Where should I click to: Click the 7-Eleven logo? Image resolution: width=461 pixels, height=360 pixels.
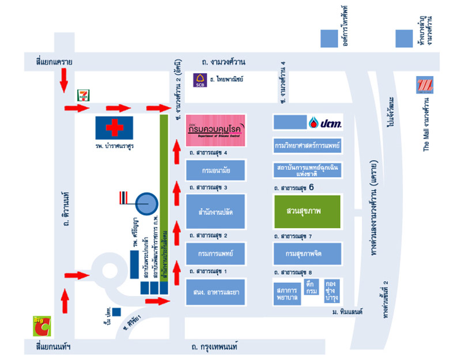click(84, 95)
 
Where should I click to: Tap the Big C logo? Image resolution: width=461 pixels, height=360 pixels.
click(41, 327)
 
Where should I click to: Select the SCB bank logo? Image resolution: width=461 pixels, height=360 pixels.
click(200, 80)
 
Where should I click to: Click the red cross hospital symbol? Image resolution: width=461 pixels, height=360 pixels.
click(114, 126)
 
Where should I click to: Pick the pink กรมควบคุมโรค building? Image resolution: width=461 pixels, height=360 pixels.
click(216, 130)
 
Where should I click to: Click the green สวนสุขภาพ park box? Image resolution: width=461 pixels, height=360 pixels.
click(307, 211)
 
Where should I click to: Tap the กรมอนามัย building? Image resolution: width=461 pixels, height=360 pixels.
click(216, 170)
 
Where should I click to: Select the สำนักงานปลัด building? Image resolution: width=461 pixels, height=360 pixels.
click(216, 211)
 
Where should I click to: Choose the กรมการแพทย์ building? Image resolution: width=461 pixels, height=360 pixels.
click(216, 253)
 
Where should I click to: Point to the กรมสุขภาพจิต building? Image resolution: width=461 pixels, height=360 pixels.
click(307, 253)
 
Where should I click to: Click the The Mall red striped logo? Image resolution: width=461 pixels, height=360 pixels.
click(425, 85)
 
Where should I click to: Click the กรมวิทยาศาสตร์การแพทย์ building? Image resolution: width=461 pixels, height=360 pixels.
click(307, 145)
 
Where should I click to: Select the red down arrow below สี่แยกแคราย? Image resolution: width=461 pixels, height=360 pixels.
click(63, 80)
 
